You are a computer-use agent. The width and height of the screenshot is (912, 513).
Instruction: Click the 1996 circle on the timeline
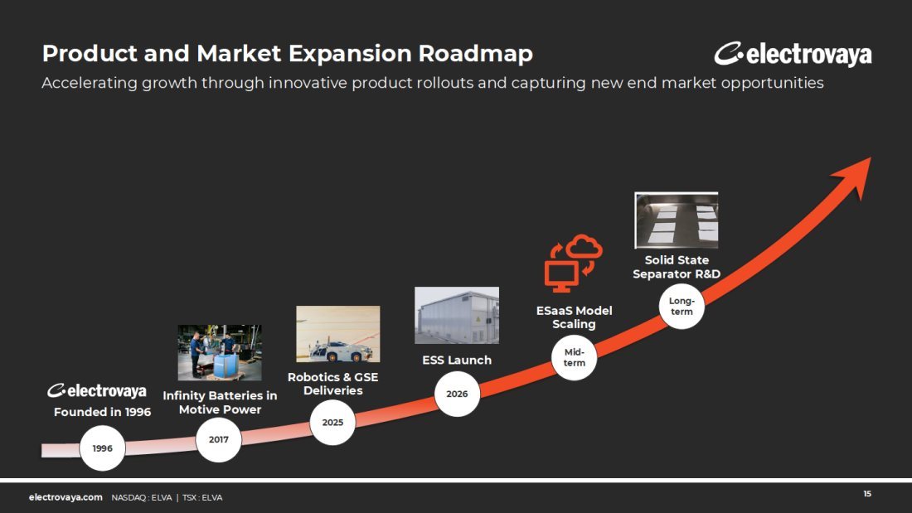coord(102,448)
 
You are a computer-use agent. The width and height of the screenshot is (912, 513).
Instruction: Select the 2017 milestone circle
coord(219,440)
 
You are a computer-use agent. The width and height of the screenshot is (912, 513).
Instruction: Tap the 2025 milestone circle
coord(332,423)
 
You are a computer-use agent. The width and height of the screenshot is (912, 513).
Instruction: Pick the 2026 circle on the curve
coord(457,394)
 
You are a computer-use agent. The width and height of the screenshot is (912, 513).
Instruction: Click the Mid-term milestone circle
coord(574,357)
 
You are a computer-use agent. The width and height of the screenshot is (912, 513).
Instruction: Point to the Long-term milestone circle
coord(682,306)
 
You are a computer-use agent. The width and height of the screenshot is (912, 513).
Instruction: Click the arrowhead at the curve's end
coord(855,175)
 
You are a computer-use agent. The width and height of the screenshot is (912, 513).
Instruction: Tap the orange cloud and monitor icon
coord(573,264)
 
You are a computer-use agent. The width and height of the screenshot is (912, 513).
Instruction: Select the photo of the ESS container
coord(457,315)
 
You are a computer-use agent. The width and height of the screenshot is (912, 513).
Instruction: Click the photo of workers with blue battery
coord(219,352)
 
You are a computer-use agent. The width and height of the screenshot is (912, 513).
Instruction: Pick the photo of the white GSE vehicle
coord(338,334)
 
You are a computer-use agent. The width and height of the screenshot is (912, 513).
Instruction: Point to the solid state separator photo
coord(677,220)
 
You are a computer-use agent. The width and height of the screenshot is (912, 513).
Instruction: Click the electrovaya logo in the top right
coord(793,54)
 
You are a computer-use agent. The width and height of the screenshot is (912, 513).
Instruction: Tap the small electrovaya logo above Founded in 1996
coord(96,391)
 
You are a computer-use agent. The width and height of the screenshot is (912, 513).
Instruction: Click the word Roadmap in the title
coord(475,54)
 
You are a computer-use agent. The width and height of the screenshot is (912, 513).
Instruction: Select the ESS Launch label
coord(457,360)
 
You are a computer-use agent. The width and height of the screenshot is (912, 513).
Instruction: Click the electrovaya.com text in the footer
coord(65,497)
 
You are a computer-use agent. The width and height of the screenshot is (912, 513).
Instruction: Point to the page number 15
coord(867,494)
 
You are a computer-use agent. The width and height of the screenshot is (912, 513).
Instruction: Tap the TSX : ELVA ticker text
coord(202,498)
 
